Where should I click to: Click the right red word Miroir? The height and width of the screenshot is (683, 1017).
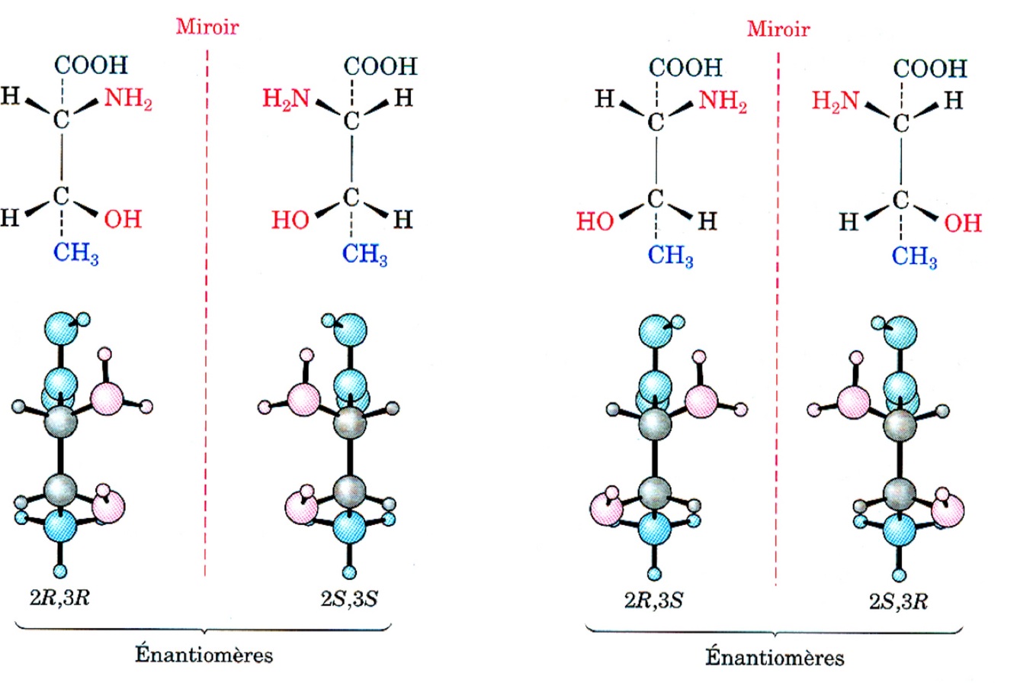tap(778, 30)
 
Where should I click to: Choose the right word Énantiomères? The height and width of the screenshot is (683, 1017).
tap(774, 657)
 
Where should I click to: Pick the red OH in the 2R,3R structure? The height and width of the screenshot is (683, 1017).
tap(122, 220)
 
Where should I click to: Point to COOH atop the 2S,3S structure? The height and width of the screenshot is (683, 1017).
tap(378, 66)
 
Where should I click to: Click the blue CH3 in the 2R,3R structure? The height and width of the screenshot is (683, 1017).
tap(75, 253)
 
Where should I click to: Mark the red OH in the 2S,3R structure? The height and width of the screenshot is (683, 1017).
tap(962, 224)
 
